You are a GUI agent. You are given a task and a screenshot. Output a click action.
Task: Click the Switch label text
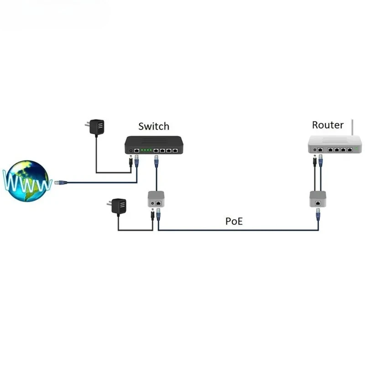[154, 126]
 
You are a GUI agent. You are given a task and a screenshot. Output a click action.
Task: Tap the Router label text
[328, 125]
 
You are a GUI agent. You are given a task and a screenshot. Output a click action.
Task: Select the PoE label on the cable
[234, 221]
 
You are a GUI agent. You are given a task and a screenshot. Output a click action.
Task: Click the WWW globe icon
[27, 181]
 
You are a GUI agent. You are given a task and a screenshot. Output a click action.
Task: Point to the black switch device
[154, 145]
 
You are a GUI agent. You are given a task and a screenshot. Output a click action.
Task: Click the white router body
[335, 145]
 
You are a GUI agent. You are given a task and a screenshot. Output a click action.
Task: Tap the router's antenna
[352, 128]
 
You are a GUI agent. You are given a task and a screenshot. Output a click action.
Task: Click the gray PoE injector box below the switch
[156, 199]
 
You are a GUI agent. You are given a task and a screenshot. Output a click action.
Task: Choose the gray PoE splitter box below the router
[318, 199]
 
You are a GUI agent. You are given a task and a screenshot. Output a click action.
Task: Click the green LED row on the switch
[146, 150]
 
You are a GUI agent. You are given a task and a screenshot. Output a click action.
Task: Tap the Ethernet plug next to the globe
[61, 182]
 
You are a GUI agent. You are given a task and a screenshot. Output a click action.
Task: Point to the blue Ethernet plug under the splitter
[318, 214]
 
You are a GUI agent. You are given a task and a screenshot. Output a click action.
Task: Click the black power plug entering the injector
[152, 214]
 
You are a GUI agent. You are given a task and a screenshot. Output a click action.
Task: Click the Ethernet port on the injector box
[158, 203]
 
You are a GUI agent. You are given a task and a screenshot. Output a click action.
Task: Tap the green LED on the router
[356, 148]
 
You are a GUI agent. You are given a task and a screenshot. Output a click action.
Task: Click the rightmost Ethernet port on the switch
[175, 151]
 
